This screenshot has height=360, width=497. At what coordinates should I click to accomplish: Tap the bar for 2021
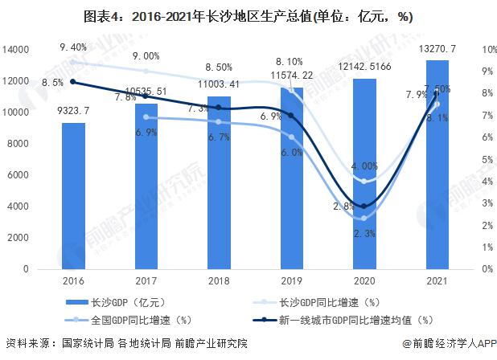tap(437, 165)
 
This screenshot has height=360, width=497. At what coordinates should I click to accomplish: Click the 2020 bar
tap(364, 174)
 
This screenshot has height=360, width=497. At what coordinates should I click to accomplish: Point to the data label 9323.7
tap(73, 112)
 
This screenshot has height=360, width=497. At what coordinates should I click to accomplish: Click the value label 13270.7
tap(436, 49)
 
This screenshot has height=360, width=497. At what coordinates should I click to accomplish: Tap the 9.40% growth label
tap(74, 47)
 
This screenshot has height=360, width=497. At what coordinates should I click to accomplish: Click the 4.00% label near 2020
tap(364, 166)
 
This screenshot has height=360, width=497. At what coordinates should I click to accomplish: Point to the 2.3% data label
tap(364, 233)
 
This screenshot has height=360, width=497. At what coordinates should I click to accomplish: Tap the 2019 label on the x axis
tap(291, 281)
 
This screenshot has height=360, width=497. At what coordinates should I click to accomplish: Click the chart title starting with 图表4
tap(248, 16)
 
